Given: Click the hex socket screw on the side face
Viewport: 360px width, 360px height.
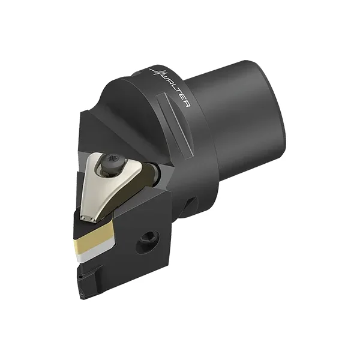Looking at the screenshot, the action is tap(148, 244).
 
